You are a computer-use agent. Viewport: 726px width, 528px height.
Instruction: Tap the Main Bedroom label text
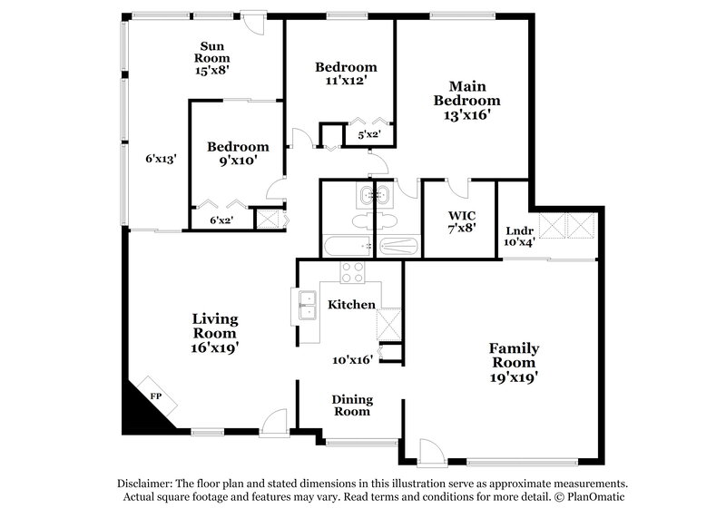tap(466, 100)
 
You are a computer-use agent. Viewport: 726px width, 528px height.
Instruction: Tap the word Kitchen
tap(351, 304)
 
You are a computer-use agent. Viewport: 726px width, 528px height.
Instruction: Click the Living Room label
tap(215, 332)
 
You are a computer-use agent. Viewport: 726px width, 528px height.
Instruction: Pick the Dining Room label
tap(351, 405)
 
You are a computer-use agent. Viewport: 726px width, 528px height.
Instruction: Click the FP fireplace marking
tap(155, 396)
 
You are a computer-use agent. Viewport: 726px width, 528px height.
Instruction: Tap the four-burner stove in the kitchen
tap(352, 273)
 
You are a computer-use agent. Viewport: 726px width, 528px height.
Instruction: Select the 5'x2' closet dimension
tap(368, 135)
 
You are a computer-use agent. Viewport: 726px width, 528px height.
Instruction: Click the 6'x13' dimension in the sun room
tap(161, 157)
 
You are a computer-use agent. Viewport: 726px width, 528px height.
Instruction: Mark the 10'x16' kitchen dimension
tap(352, 360)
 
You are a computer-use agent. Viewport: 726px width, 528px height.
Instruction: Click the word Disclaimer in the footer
tap(148, 484)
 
